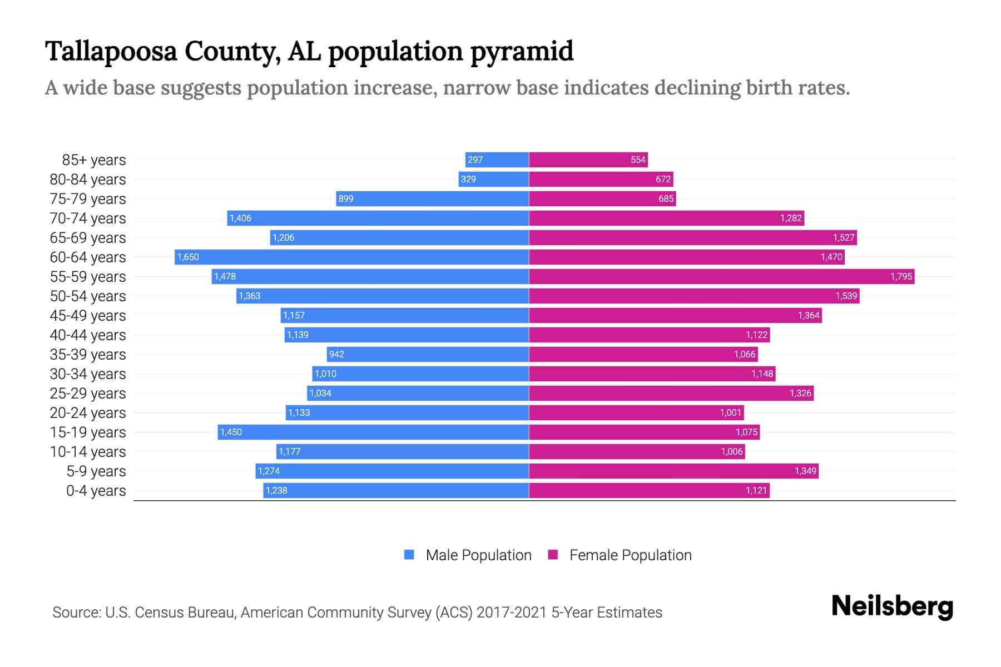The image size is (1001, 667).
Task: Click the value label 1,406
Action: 240,218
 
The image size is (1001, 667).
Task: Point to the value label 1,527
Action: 843,237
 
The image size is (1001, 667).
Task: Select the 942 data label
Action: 336,354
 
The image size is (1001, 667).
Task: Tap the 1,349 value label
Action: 805,471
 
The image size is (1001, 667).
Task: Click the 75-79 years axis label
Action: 88,198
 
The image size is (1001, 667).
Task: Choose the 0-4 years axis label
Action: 96,490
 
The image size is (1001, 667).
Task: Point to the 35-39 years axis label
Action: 88,354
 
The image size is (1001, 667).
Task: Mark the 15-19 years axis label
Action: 88,432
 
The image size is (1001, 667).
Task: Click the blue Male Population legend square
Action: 409,555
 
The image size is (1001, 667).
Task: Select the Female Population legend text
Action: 630,555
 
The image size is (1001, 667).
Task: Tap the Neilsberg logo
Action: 892,606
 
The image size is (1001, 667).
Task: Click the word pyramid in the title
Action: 522,51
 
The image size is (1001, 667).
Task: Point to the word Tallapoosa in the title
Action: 111,51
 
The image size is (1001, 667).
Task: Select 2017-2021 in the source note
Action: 512,612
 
